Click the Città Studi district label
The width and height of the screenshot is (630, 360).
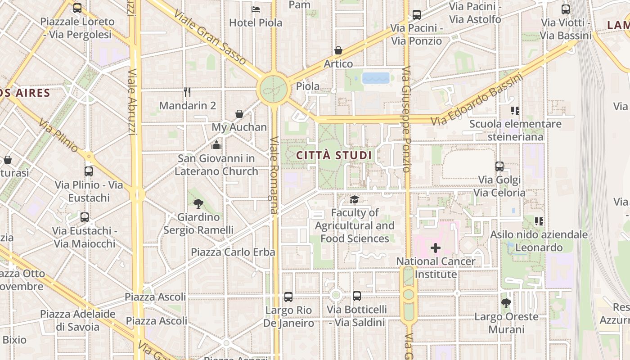click(x=334, y=156)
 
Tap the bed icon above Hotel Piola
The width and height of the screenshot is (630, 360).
click(x=256, y=9)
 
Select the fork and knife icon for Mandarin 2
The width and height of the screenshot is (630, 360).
click(x=187, y=92)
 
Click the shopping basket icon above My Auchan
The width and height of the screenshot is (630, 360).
click(x=239, y=114)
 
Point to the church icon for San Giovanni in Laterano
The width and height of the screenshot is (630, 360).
click(x=216, y=145)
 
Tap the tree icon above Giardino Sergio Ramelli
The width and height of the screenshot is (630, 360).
click(x=198, y=204)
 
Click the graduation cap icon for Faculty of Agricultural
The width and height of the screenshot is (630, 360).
click(x=355, y=199)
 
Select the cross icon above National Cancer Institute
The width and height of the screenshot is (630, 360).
click(x=435, y=248)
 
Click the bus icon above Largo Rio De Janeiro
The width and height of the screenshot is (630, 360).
click(x=288, y=297)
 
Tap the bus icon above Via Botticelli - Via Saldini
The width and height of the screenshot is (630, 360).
click(x=357, y=296)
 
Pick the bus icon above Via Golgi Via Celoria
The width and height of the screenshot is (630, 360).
click(x=499, y=166)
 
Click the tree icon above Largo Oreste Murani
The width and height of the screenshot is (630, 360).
click(x=506, y=303)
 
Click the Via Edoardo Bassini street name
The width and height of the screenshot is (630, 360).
click(x=477, y=100)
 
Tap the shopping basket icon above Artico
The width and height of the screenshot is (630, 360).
click(x=338, y=50)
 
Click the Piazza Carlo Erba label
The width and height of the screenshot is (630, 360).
click(x=233, y=252)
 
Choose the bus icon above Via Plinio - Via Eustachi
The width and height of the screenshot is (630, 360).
click(x=89, y=171)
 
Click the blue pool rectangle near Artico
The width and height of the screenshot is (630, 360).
click(x=376, y=78)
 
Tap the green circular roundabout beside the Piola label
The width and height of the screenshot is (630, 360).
click(x=273, y=89)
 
